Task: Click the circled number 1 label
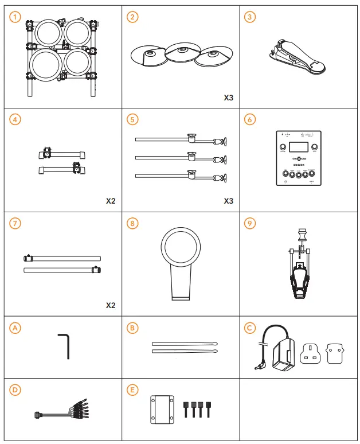15,17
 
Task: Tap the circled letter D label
15,390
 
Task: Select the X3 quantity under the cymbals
228,98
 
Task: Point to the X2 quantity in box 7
111,305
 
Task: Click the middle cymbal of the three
182,53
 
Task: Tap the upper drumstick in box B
185,344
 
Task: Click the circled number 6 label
249,119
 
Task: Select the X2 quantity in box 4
111,201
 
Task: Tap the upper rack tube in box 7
62,258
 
